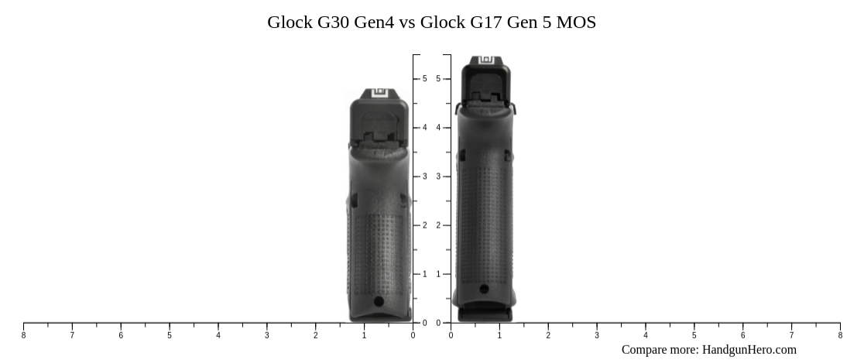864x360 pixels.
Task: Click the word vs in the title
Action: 406,22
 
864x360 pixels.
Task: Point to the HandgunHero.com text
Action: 749,350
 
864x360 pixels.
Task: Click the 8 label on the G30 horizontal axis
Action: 23,335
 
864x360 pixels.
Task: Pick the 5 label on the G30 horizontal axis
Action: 170,335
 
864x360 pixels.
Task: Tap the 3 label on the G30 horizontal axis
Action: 267,335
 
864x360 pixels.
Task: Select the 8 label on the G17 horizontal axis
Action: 840,335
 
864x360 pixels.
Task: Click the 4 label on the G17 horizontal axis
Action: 646,335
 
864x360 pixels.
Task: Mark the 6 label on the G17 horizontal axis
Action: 743,335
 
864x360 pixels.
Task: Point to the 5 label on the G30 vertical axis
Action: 424,79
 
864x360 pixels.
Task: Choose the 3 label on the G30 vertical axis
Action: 424,177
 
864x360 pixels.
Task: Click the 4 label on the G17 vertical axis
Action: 438,128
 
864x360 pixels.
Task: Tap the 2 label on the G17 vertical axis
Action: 438,225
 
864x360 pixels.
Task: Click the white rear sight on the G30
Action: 379,94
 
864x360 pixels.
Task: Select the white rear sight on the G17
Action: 485,60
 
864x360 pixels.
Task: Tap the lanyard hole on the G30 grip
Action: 378,301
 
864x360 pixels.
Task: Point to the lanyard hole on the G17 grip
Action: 484,290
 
